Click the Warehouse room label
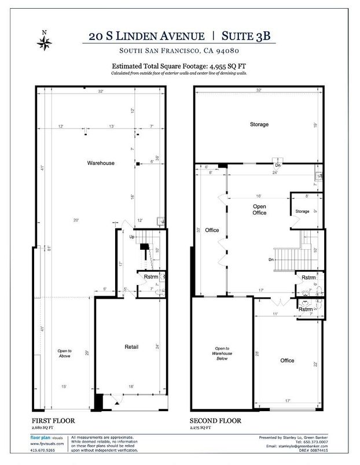tap(101, 163)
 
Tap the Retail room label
tap(131, 347)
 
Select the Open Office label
tap(259, 209)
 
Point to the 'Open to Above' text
tap(64, 353)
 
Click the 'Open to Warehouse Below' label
tap(221, 352)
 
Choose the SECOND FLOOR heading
tap(215, 420)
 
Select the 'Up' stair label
tap(131, 237)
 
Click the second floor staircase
tap(285, 256)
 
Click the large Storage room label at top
tap(259, 124)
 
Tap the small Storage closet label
tap(302, 212)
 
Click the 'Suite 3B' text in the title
tap(243, 36)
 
